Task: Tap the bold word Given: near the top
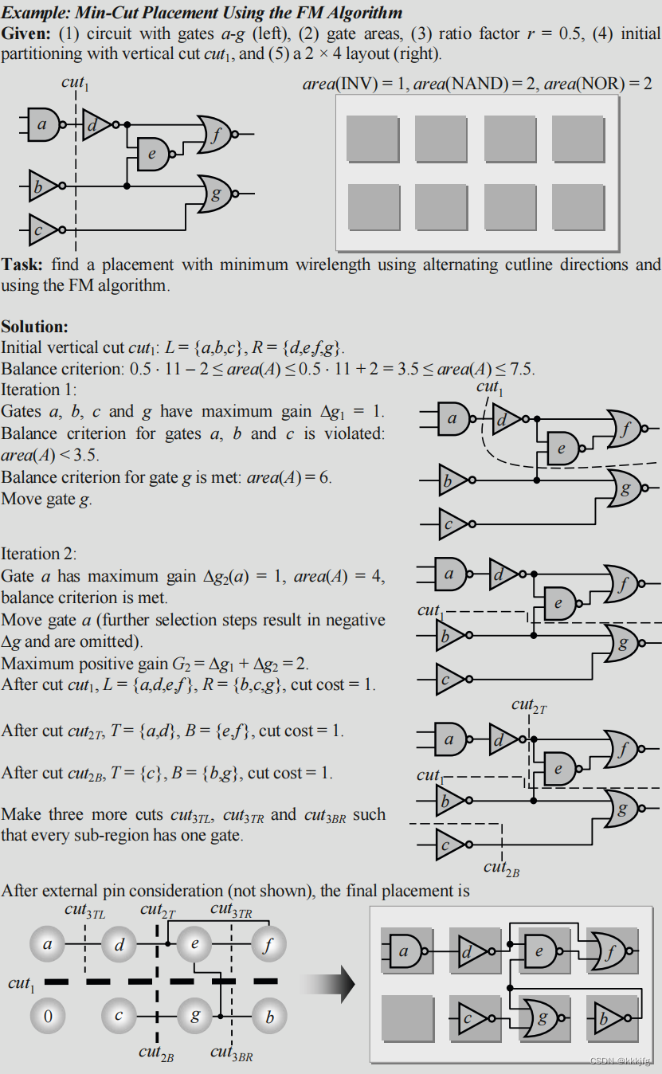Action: tap(26, 33)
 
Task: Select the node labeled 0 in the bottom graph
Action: tap(48, 1016)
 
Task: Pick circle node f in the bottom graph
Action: tap(268, 946)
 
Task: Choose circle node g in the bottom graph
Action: tap(194, 1016)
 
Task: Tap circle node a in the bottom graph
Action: tap(48, 946)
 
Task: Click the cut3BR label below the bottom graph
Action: tap(231, 1053)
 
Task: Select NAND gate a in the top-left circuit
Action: tap(43, 124)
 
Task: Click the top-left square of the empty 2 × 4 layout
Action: tap(373, 139)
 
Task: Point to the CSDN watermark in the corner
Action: tap(621, 1061)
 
